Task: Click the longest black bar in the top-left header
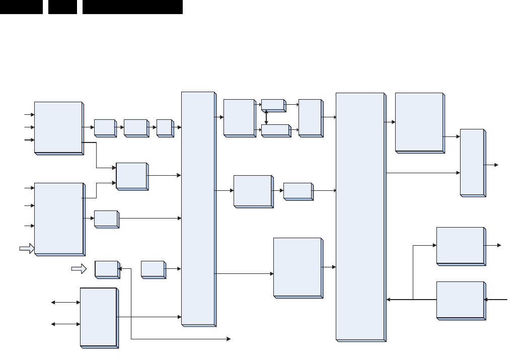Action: point(132,7)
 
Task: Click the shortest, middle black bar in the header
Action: point(63,7)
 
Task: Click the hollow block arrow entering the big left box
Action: point(26,248)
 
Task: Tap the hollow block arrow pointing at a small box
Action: point(79,270)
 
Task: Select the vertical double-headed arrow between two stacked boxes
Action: point(266,118)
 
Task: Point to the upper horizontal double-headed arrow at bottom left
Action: point(65,303)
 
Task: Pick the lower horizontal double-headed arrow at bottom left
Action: point(65,324)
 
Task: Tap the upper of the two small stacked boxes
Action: point(273,105)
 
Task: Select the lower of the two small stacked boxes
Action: point(275,130)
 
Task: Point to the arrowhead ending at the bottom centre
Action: point(229,339)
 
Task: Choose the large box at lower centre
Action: point(297,267)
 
